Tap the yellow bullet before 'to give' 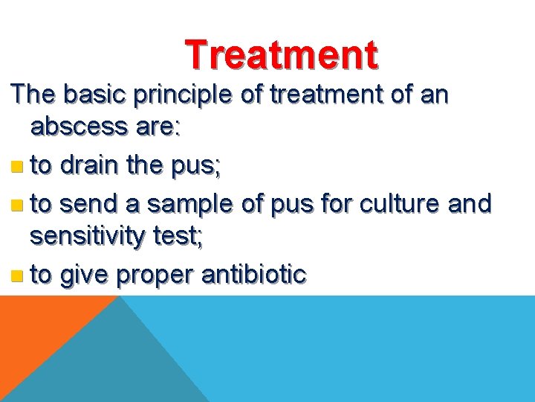click(x=18, y=275)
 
